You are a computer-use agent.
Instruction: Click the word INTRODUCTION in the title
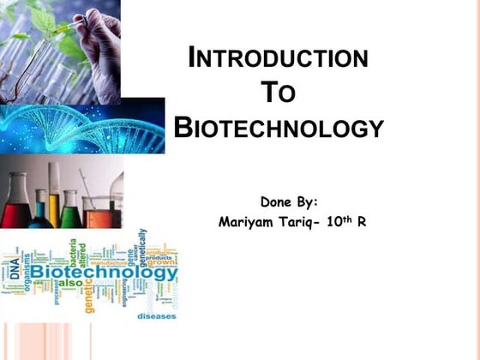pyautogui.click(x=279, y=59)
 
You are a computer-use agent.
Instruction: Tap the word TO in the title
pyautogui.click(x=278, y=93)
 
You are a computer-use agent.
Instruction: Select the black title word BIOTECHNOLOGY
pyautogui.click(x=279, y=129)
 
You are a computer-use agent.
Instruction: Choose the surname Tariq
pyautogui.click(x=305, y=222)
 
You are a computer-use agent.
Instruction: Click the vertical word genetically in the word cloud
pyautogui.click(x=142, y=250)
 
